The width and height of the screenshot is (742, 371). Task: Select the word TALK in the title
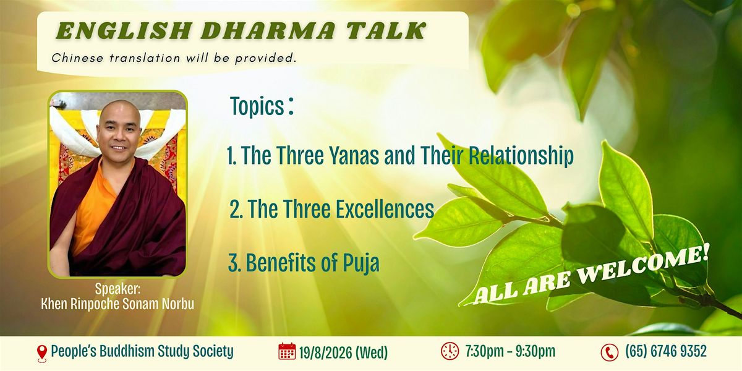click(x=386, y=31)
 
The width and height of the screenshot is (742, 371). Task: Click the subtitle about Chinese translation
click(x=174, y=58)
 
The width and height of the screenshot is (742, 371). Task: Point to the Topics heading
click(x=262, y=106)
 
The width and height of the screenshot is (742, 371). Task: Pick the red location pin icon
click(x=42, y=353)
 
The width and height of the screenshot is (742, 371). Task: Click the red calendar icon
click(x=287, y=351)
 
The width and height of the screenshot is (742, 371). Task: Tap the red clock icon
click(x=450, y=351)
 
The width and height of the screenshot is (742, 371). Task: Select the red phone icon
click(x=610, y=352)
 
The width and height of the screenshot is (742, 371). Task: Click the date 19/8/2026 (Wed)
click(x=343, y=352)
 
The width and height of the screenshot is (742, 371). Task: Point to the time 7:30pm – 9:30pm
click(x=510, y=351)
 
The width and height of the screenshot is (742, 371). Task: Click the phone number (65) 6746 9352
click(x=666, y=351)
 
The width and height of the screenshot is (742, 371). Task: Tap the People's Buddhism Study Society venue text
click(x=142, y=351)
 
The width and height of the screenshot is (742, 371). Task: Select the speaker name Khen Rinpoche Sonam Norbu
click(x=117, y=304)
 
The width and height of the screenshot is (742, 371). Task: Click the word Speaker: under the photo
click(x=117, y=289)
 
